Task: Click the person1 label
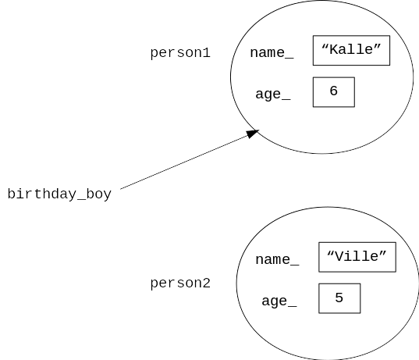pos(180,52)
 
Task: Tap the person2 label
pos(180,283)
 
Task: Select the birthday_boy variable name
pos(59,194)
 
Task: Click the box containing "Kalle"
pos(351,50)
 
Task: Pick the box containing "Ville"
pos(357,257)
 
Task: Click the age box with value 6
pos(334,92)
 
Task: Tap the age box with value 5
pos(339,298)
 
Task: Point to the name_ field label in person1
pos(272,52)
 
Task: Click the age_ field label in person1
pos(273,94)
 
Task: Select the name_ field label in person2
pos(277,260)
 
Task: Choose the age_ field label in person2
pos(279,301)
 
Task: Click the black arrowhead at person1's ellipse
pos(253,134)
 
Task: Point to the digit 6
pos(333,91)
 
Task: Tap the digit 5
pos(339,298)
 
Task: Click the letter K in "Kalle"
pos(333,49)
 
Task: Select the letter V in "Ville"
pos(339,256)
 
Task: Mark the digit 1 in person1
pos(207,52)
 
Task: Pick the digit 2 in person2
pos(207,283)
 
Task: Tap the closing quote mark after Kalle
pos(377,47)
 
